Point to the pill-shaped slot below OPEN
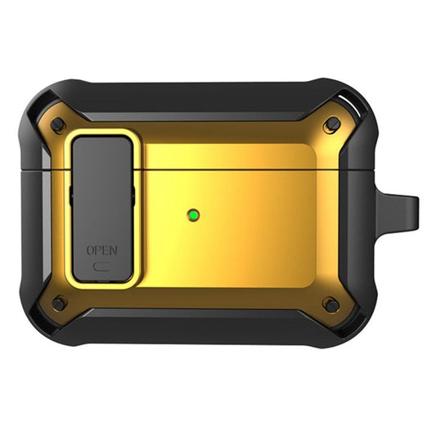(101, 265)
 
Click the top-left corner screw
(57, 125)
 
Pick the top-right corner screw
(331, 125)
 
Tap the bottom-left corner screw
(58, 304)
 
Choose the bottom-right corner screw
(330, 305)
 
